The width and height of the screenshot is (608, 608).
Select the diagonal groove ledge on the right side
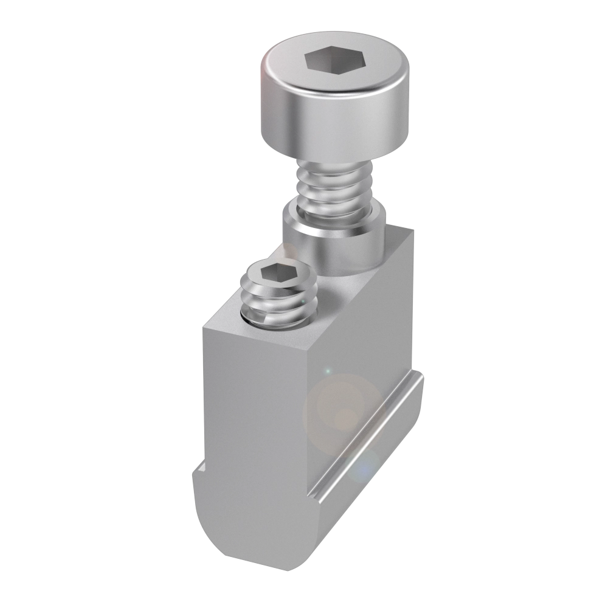(365, 438)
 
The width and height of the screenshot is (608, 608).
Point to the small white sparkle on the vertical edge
(327, 370)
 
